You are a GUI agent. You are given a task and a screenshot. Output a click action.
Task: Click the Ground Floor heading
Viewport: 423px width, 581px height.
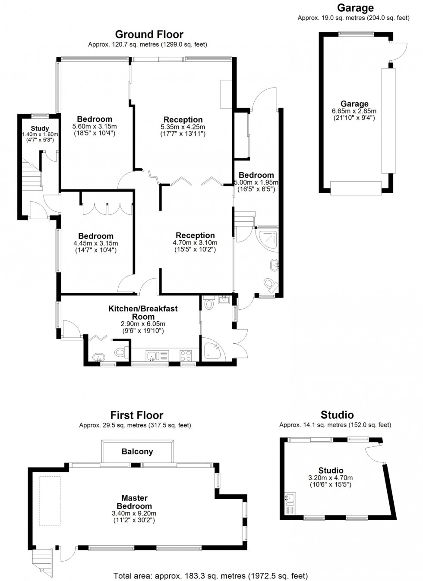coord(149,35)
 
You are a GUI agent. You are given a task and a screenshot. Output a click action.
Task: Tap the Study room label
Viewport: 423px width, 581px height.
coord(40,128)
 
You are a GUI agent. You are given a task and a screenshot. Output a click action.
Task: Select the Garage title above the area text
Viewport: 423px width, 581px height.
coord(355,8)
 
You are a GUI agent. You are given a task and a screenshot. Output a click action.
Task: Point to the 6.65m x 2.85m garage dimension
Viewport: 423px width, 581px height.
coord(354,111)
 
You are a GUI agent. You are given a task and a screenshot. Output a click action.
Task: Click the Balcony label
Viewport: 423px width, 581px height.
coord(137,452)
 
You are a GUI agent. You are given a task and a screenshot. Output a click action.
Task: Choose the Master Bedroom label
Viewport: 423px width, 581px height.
coord(134,502)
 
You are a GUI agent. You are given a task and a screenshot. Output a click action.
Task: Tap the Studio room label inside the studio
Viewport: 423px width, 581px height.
coord(331,471)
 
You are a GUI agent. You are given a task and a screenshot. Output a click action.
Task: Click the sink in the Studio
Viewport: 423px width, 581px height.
coord(290,499)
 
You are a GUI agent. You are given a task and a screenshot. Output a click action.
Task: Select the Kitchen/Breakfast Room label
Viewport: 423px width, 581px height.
coord(143,312)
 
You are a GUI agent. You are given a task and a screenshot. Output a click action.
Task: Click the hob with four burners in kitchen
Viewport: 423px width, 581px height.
coord(186,355)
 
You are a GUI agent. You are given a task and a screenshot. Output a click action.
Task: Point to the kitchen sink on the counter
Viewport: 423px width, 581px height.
coord(152,356)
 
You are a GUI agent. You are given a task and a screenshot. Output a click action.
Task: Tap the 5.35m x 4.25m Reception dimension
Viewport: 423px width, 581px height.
coord(183,127)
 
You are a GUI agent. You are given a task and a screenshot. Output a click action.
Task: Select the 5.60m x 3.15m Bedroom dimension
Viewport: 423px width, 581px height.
coord(95,126)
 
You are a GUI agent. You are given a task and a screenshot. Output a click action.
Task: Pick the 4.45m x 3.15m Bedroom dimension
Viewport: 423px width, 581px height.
coord(96,243)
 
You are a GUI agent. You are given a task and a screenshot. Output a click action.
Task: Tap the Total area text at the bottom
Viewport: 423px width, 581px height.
coord(211,576)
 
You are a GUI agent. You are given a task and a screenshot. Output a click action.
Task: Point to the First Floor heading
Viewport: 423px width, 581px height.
coord(136,415)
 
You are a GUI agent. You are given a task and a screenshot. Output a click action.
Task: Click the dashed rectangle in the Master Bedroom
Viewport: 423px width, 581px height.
coord(50,500)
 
